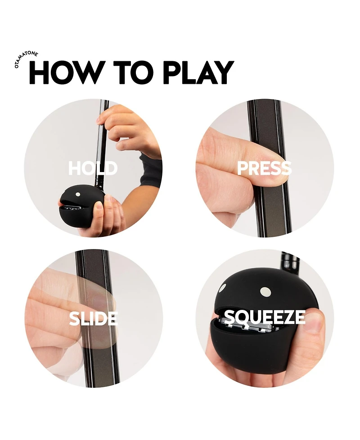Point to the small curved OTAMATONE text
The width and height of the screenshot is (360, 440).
(26, 59)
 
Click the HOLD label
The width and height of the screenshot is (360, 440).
(93, 168)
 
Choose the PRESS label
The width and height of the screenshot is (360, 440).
(264, 168)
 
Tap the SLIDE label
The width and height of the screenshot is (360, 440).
(93, 318)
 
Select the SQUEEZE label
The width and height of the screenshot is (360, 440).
(265, 318)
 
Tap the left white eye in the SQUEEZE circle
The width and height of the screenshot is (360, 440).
(222, 287)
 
